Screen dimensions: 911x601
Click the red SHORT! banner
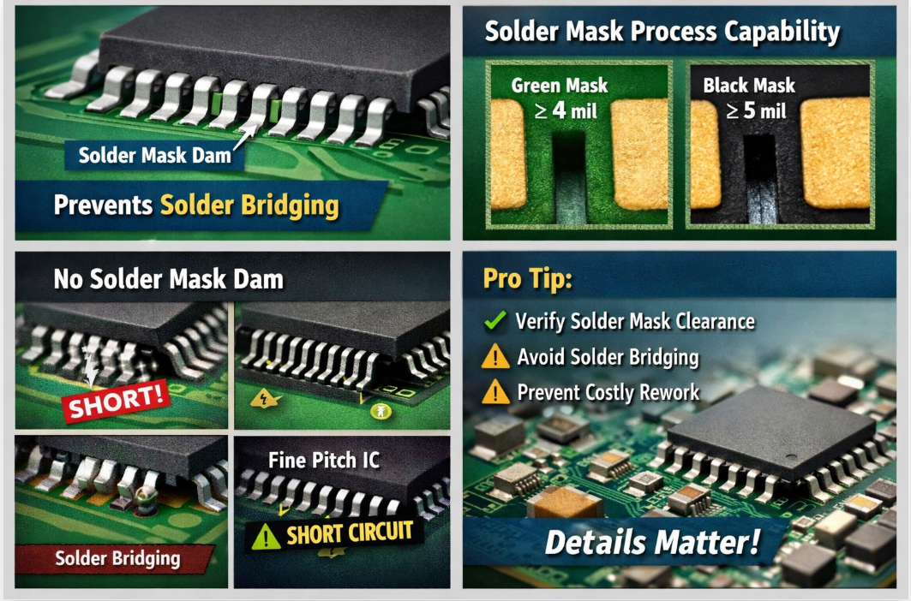117,400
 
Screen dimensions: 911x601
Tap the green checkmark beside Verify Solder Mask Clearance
495,320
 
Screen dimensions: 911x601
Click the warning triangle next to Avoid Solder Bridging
495,356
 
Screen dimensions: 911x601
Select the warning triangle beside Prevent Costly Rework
495,392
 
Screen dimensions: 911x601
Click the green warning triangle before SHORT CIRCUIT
266,537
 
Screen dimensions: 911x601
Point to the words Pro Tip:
528,279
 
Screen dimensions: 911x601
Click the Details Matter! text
652,542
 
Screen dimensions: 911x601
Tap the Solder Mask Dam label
154,156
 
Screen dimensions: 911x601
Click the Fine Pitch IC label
324,461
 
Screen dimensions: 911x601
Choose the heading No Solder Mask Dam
169,279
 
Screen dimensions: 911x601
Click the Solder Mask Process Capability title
662,32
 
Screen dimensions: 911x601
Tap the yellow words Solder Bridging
249,205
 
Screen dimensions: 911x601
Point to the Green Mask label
559,86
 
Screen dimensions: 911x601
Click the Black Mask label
749,86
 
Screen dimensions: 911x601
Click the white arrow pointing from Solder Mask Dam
244,137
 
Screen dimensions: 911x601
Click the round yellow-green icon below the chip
381,411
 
